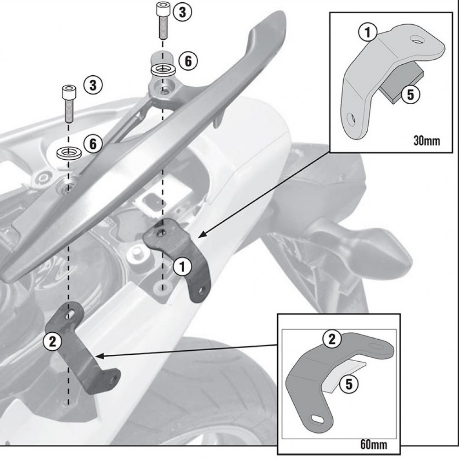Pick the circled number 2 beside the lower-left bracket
[x=51, y=341]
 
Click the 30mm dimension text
[x=426, y=140]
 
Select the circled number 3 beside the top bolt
[x=182, y=12]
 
